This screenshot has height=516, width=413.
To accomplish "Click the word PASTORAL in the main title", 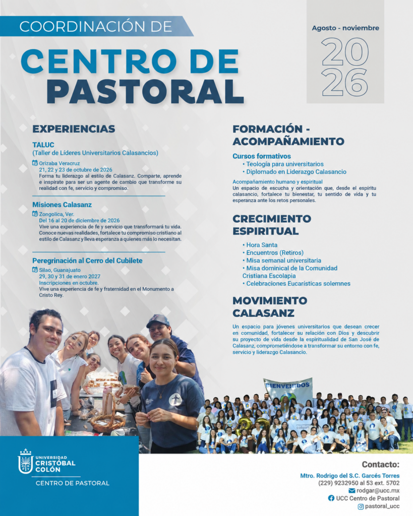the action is (145, 91).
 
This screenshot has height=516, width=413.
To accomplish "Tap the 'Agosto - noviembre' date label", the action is (345, 28).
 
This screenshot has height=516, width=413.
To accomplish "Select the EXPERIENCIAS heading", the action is (74, 128).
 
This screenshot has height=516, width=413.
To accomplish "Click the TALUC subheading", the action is (43, 145).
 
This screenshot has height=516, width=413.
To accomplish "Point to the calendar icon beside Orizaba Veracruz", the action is (35, 163).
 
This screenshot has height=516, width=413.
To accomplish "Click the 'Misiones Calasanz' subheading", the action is (62, 205).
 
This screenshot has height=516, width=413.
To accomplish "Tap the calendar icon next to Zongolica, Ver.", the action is (35, 214).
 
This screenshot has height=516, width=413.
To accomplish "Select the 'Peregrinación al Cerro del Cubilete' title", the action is (87, 261).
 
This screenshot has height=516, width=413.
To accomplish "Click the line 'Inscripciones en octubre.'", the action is (69, 283).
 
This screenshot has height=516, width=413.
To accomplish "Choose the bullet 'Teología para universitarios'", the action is (283, 164).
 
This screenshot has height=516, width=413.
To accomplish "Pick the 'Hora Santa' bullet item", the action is (260, 245).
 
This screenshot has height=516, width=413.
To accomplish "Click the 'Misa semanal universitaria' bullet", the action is (281, 261).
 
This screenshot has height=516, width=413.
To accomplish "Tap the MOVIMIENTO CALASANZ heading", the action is (270, 307).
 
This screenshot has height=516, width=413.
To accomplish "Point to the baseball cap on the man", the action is (158, 321).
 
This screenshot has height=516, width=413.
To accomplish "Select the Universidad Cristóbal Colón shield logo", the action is (25, 462).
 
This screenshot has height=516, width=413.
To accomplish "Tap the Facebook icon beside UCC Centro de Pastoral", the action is (331, 498).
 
